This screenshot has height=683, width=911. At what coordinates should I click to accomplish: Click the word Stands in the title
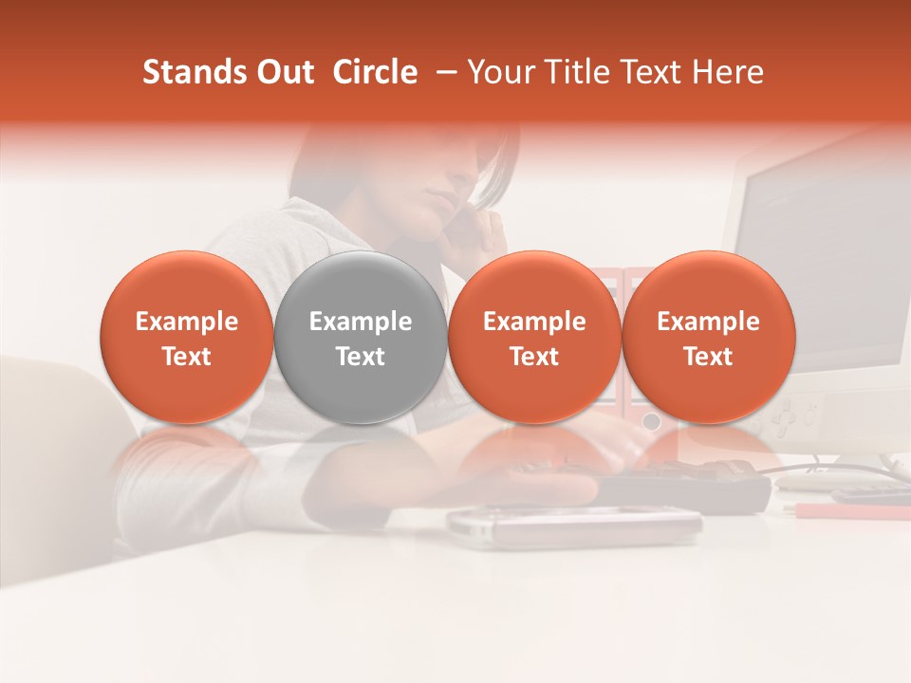pyautogui.click(x=193, y=72)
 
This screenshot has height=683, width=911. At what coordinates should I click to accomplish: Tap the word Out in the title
pyautogui.click(x=284, y=72)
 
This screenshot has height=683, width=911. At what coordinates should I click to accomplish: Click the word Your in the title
pyautogui.click(x=498, y=72)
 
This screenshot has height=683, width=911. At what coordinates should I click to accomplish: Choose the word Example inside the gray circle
pyautogui.click(x=361, y=322)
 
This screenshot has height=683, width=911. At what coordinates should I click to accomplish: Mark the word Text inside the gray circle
pyautogui.click(x=361, y=357)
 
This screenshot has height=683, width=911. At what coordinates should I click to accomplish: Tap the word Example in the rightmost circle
pyautogui.click(x=709, y=322)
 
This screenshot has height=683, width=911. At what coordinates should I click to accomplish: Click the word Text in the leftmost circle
pyautogui.click(x=186, y=357)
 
